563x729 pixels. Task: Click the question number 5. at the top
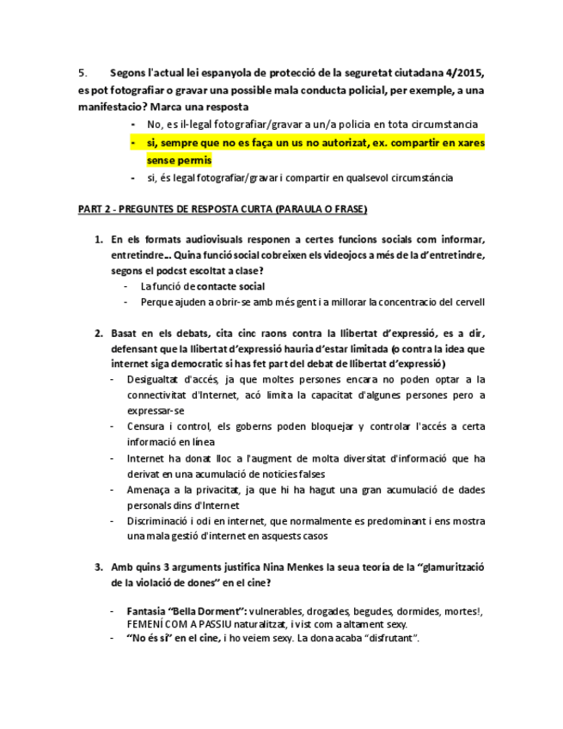click(x=83, y=73)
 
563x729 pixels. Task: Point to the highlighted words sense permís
click(x=179, y=160)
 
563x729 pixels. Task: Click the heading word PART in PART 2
click(x=91, y=210)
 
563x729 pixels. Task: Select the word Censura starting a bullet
click(x=146, y=426)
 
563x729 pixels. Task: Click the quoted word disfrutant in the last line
click(x=383, y=639)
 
